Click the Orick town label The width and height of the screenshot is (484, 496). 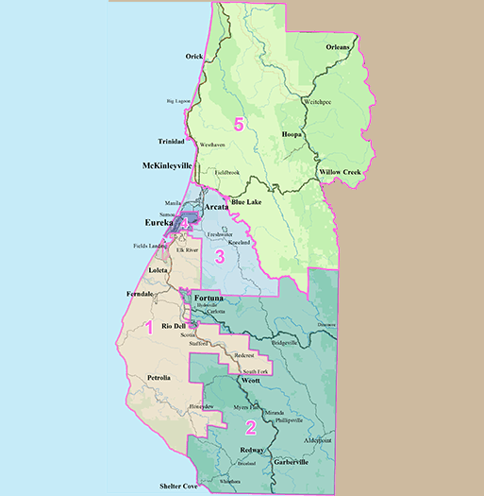click(x=194, y=57)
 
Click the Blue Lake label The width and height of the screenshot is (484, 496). click(x=247, y=201)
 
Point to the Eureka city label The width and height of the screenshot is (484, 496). click(x=160, y=223)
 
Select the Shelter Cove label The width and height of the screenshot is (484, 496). click(x=181, y=487)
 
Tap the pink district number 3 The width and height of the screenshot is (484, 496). click(x=219, y=255)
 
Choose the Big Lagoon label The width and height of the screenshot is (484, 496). click(x=184, y=100)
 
